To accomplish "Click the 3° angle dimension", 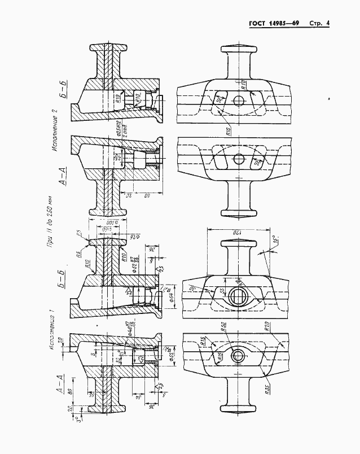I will click(80, 418).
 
